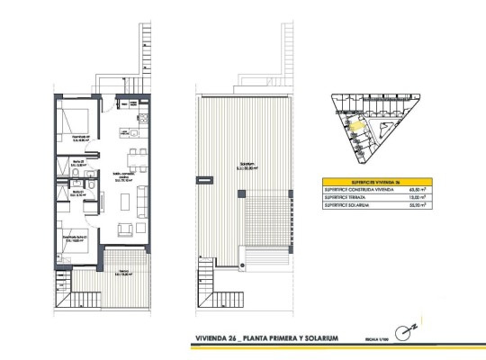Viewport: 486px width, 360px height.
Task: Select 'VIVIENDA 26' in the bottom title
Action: point(221,338)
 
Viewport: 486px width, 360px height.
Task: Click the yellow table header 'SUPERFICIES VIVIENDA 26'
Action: point(376,180)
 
